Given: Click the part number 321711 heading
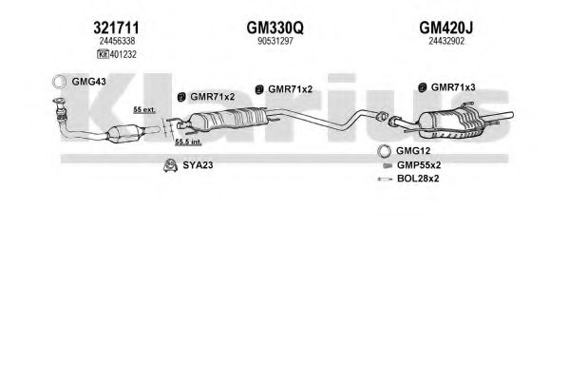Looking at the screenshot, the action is point(116,28).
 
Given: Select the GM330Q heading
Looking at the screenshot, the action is point(275,28).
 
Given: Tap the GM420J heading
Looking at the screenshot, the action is point(446,28).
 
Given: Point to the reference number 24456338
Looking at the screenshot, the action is point(117,42).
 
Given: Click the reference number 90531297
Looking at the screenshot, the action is point(275,42).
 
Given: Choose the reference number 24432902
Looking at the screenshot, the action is point(446,42).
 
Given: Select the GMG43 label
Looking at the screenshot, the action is point(89,82).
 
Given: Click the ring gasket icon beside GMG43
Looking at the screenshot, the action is point(59,82).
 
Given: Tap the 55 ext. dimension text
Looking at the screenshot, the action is point(144,109).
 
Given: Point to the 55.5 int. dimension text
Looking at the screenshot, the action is point(188,142).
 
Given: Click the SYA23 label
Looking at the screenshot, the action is point(198,165).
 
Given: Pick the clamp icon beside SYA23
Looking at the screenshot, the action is point(170,165).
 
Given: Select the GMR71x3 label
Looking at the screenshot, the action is point(453,87).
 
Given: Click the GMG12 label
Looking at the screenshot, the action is point(413,151).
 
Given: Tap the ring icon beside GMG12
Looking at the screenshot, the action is point(384,151).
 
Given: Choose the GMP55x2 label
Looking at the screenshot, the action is point(419,165).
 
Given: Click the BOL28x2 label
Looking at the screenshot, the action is point(418,179).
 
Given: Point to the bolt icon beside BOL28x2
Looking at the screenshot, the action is point(385,179).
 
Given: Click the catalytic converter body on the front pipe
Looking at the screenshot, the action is point(124,134).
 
